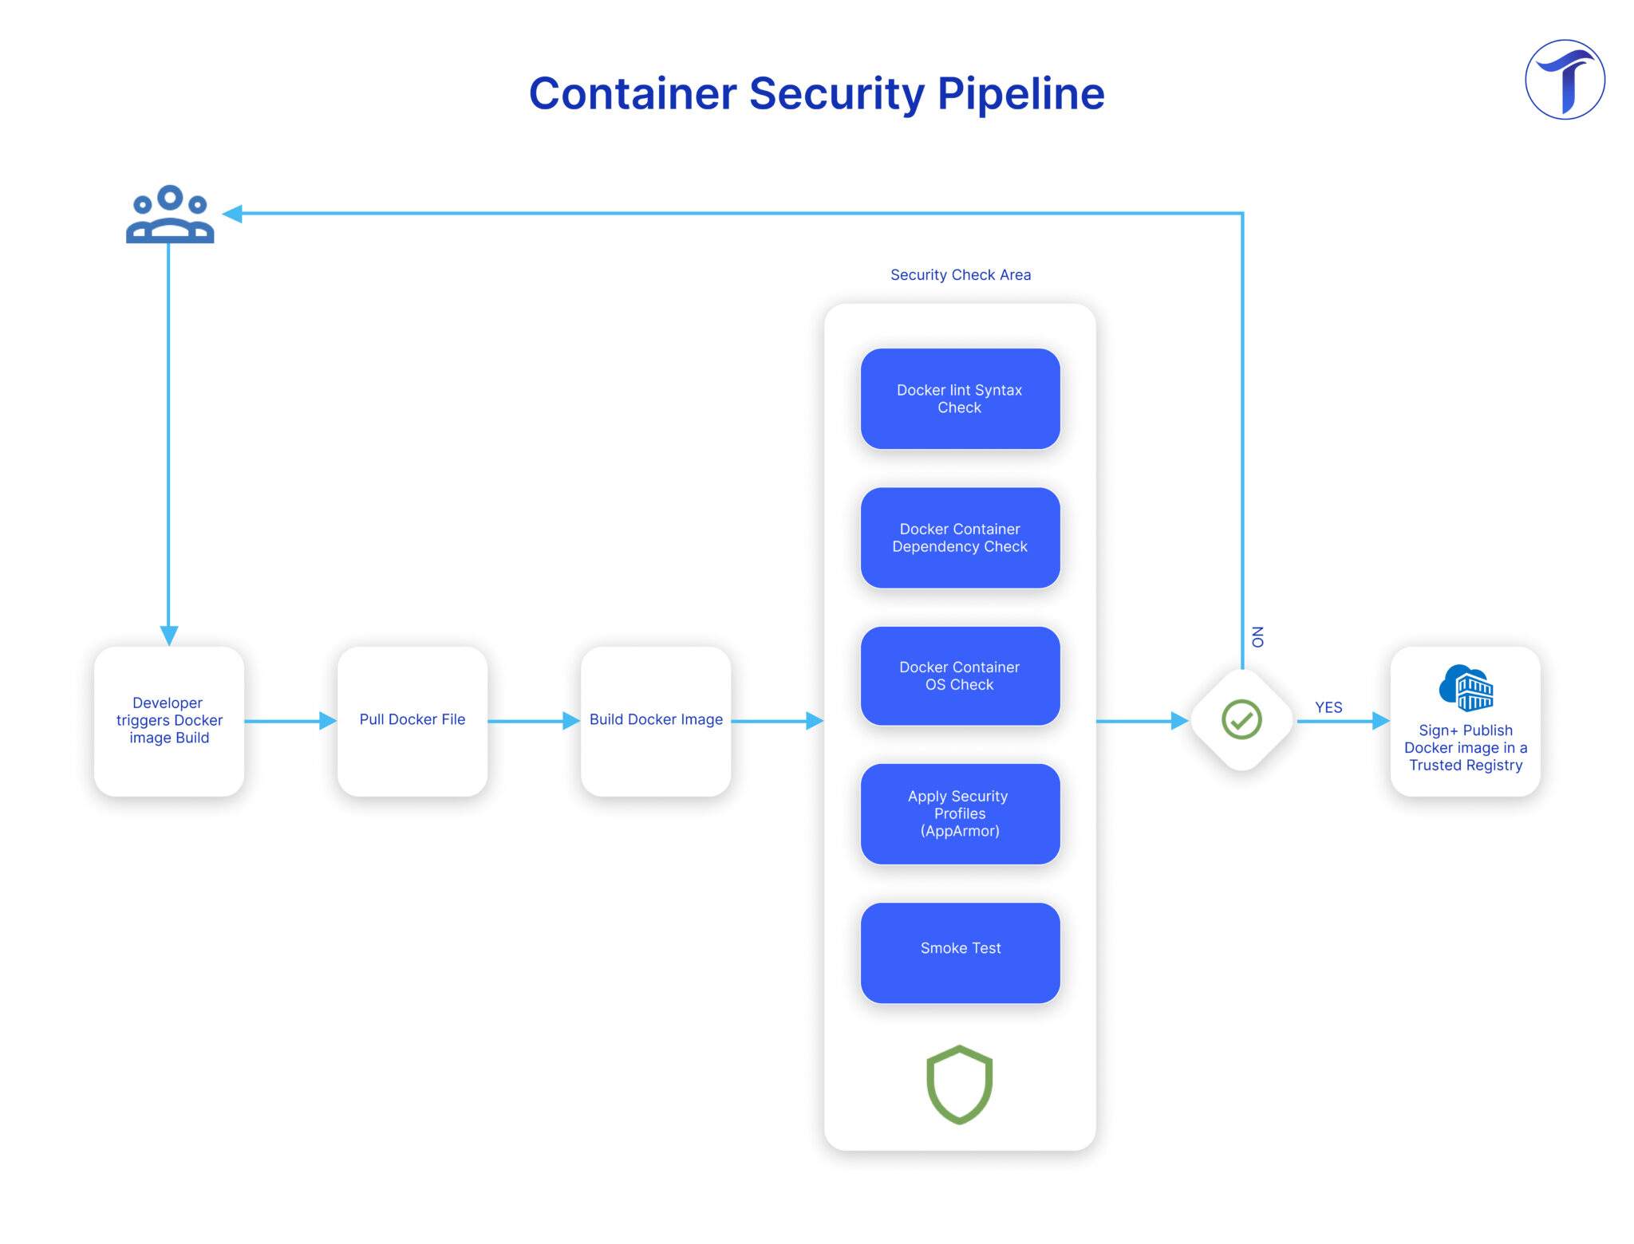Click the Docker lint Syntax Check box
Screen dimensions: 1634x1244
pyautogui.click(x=960, y=399)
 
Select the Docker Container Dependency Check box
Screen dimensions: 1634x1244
pyautogui.click(x=960, y=537)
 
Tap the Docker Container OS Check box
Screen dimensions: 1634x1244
pyautogui.click(x=960, y=675)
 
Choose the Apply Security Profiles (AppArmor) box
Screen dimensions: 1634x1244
pyautogui.click(x=960, y=813)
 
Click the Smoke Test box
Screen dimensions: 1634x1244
pyautogui.click(x=960, y=953)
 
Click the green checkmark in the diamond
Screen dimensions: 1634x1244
pyautogui.click(x=1241, y=719)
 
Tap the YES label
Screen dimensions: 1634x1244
pyautogui.click(x=1328, y=707)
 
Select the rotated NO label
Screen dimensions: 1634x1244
pyautogui.click(x=1257, y=637)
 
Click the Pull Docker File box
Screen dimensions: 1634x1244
pyautogui.click(x=412, y=721)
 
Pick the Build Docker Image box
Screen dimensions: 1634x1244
pyautogui.click(x=656, y=721)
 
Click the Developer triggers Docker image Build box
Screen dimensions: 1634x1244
pyautogui.click(x=169, y=721)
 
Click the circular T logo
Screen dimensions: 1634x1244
pyautogui.click(x=1565, y=80)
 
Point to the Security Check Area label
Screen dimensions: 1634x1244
pyautogui.click(x=961, y=275)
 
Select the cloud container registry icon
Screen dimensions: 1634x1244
pyautogui.click(x=1466, y=687)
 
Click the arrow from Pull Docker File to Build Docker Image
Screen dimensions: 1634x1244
pyautogui.click(x=534, y=721)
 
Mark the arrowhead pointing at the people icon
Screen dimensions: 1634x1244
pyautogui.click(x=232, y=214)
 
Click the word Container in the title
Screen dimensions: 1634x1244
pyautogui.click(x=633, y=93)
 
